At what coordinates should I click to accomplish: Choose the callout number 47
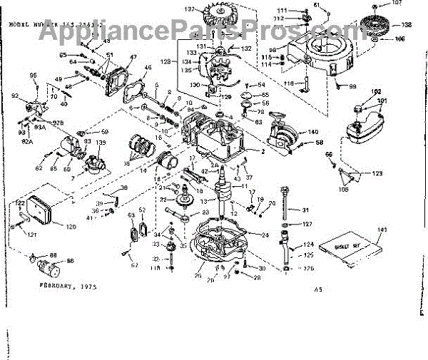(133, 58)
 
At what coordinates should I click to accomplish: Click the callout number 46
(148, 68)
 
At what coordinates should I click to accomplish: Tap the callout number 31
(305, 210)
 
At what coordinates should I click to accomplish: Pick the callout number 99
(352, 86)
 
